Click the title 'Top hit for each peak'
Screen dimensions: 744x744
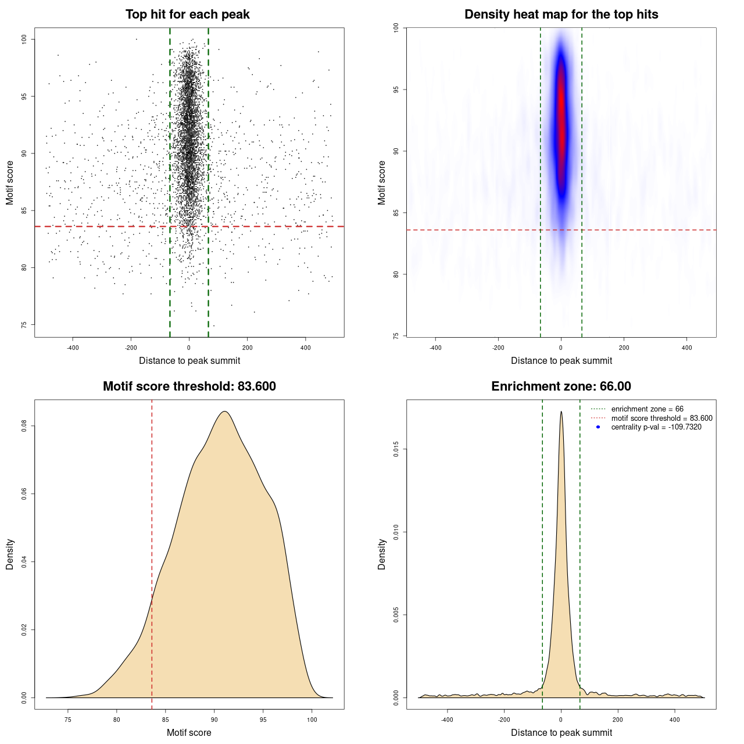[187, 15]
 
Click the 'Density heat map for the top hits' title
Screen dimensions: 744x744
[561, 15]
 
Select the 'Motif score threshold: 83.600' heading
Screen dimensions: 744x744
[189, 387]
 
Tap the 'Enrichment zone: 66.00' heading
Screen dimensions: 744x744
[561, 387]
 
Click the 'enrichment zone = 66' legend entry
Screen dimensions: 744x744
[647, 409]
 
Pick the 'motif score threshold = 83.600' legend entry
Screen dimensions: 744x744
[661, 419]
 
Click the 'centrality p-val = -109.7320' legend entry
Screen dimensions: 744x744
[656, 427]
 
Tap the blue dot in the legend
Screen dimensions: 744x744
[598, 427]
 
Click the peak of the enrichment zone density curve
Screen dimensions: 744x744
[561, 412]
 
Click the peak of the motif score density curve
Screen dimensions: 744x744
[224, 412]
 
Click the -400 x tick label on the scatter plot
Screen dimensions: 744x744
[73, 348]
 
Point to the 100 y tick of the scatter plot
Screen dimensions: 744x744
[24, 39]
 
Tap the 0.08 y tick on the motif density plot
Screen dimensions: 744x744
[24, 426]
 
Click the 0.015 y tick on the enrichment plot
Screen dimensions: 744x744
[396, 449]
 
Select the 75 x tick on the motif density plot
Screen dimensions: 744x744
[68, 720]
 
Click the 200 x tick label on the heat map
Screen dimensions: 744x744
[624, 348]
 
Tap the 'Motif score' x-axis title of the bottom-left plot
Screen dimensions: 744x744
[189, 732]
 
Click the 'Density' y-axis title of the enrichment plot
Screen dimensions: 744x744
[382, 554]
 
